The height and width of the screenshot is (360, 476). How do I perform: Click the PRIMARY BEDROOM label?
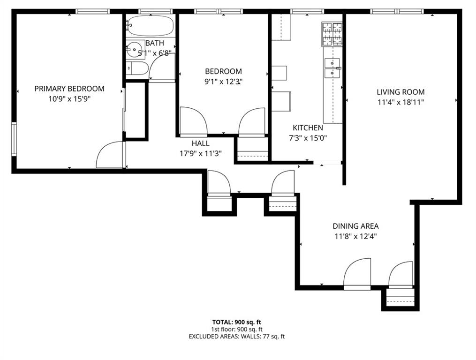tap(69, 89)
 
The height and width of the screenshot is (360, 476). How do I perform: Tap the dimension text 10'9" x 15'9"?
tap(69, 99)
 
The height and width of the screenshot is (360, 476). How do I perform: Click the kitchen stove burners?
tap(332, 34)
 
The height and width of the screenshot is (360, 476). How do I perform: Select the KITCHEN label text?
tap(308, 128)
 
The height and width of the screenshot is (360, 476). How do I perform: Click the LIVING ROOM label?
tap(401, 92)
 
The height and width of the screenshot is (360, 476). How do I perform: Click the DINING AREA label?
tap(355, 226)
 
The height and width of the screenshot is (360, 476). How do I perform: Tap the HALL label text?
tap(201, 143)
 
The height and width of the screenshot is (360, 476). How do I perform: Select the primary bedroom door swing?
tap(109, 156)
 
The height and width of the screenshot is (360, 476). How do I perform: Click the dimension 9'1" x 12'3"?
tap(223, 82)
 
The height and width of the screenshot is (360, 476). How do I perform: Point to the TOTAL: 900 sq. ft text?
tap(236, 322)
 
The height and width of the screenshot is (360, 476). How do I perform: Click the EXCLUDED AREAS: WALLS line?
tap(236, 337)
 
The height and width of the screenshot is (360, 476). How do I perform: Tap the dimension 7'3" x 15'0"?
tap(308, 138)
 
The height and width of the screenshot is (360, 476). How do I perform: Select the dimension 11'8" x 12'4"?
tap(355, 236)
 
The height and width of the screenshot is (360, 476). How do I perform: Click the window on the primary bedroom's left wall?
tap(14, 138)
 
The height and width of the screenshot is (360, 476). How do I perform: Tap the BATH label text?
tap(154, 43)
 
